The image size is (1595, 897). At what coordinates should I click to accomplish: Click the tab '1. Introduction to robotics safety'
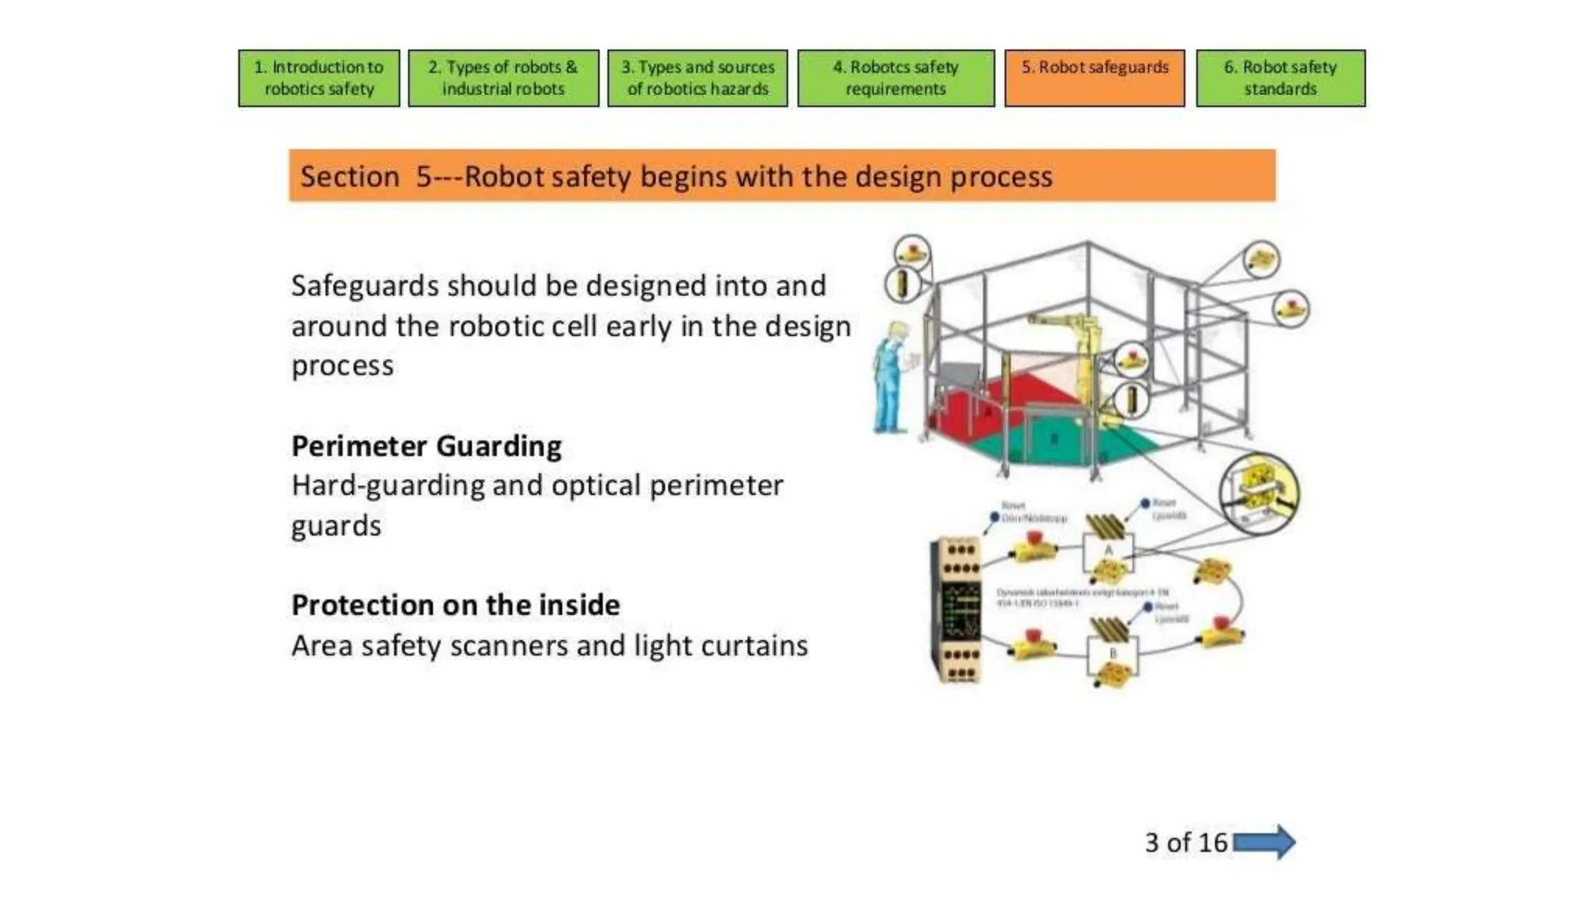click(x=319, y=78)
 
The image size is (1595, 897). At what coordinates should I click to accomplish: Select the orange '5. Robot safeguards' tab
click(x=1094, y=78)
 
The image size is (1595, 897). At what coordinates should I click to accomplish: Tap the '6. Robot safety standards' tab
click(x=1280, y=78)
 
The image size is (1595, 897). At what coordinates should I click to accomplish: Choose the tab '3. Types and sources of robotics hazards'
click(x=698, y=78)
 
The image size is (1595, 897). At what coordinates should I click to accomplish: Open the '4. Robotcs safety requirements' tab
click(x=896, y=78)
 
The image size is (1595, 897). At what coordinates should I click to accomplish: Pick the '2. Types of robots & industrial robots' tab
click(x=503, y=78)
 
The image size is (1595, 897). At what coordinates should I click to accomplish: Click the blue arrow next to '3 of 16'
click(x=1264, y=842)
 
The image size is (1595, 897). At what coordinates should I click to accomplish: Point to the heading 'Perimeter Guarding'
click(x=426, y=446)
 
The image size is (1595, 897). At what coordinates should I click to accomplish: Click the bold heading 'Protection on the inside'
click(x=456, y=605)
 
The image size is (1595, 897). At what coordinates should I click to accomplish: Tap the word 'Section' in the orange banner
click(x=350, y=177)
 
